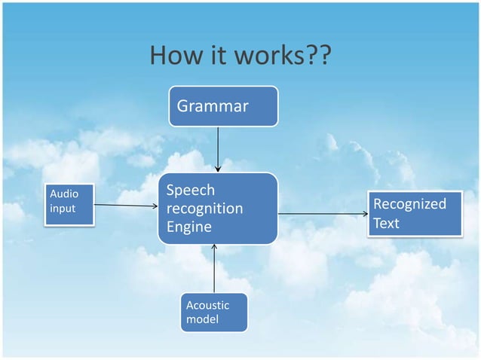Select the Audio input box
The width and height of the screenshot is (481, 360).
pyautogui.click(x=70, y=203)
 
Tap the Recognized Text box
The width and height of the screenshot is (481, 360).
pyautogui.click(x=414, y=214)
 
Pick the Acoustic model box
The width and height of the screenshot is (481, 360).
pyautogui.click(x=214, y=312)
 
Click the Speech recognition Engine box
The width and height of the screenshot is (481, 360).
pyautogui.click(x=217, y=209)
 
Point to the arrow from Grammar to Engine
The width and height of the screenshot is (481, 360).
pyautogui.click(x=218, y=148)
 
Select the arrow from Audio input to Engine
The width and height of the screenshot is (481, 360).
pyautogui.click(x=127, y=205)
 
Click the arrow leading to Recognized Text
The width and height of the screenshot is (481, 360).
pyautogui.click(x=322, y=214)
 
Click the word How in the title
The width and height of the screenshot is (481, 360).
pyautogui.click(x=174, y=56)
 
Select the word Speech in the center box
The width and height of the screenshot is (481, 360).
pyautogui.click(x=190, y=191)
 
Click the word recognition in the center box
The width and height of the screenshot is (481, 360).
pyautogui.click(x=204, y=208)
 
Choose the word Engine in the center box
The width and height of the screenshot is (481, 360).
pyautogui.click(x=188, y=226)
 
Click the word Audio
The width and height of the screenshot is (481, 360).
pyautogui.click(x=63, y=194)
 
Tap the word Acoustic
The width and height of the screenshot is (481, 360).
pyautogui.click(x=207, y=305)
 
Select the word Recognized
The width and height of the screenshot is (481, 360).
pyautogui.click(x=409, y=204)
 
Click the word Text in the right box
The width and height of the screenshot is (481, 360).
pyautogui.click(x=386, y=224)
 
